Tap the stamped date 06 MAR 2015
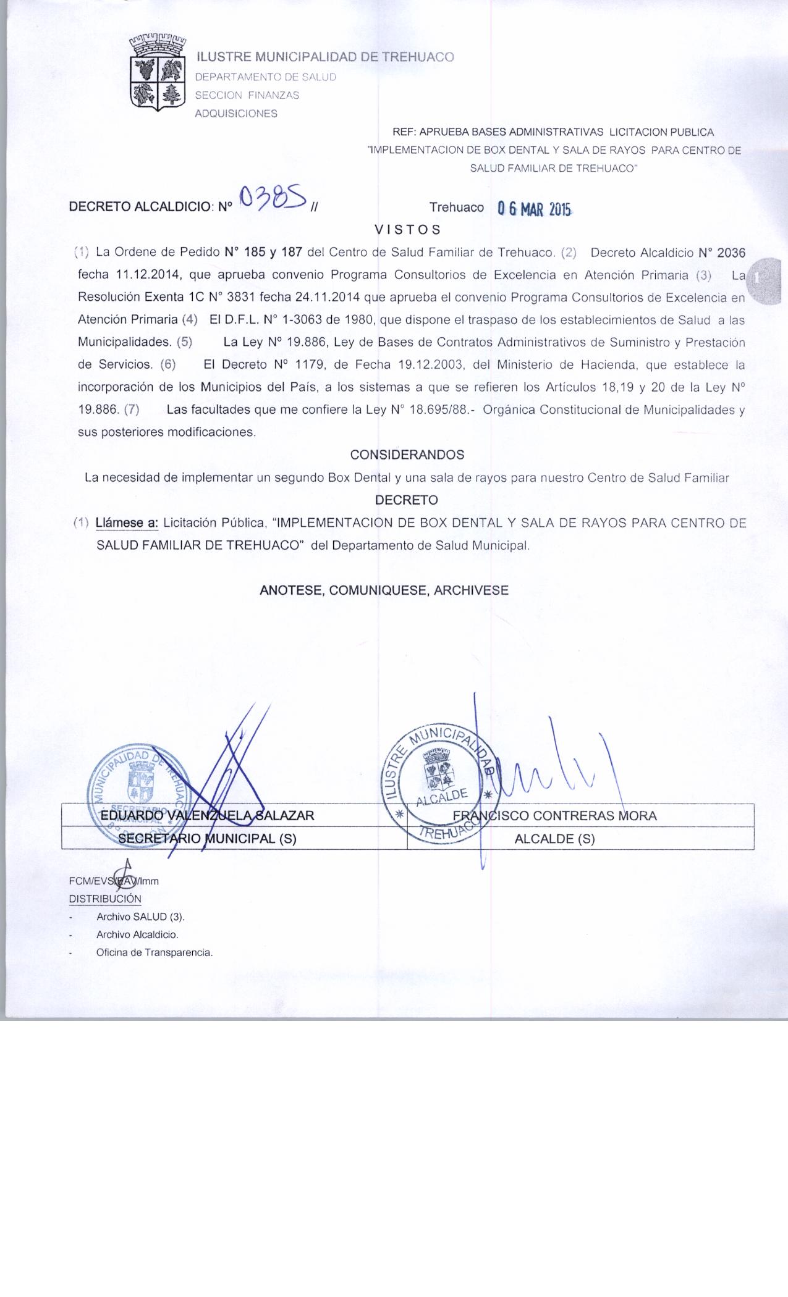pyautogui.click(x=535, y=209)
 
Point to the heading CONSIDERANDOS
pyautogui.click(x=407, y=455)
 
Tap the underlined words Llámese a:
pyautogui.click(x=127, y=523)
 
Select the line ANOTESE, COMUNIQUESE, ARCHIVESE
pyautogui.click(x=384, y=590)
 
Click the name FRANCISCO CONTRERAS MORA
pyautogui.click(x=554, y=815)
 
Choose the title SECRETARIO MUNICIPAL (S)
pyautogui.click(x=207, y=839)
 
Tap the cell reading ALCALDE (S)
pyautogui.click(x=554, y=839)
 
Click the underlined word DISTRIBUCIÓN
pyautogui.click(x=105, y=899)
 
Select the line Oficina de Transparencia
pyautogui.click(x=154, y=952)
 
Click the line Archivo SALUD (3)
pyautogui.click(x=140, y=917)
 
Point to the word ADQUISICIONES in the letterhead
pyautogui.click(x=236, y=114)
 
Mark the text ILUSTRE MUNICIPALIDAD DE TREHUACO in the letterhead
pyautogui.click(x=325, y=57)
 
